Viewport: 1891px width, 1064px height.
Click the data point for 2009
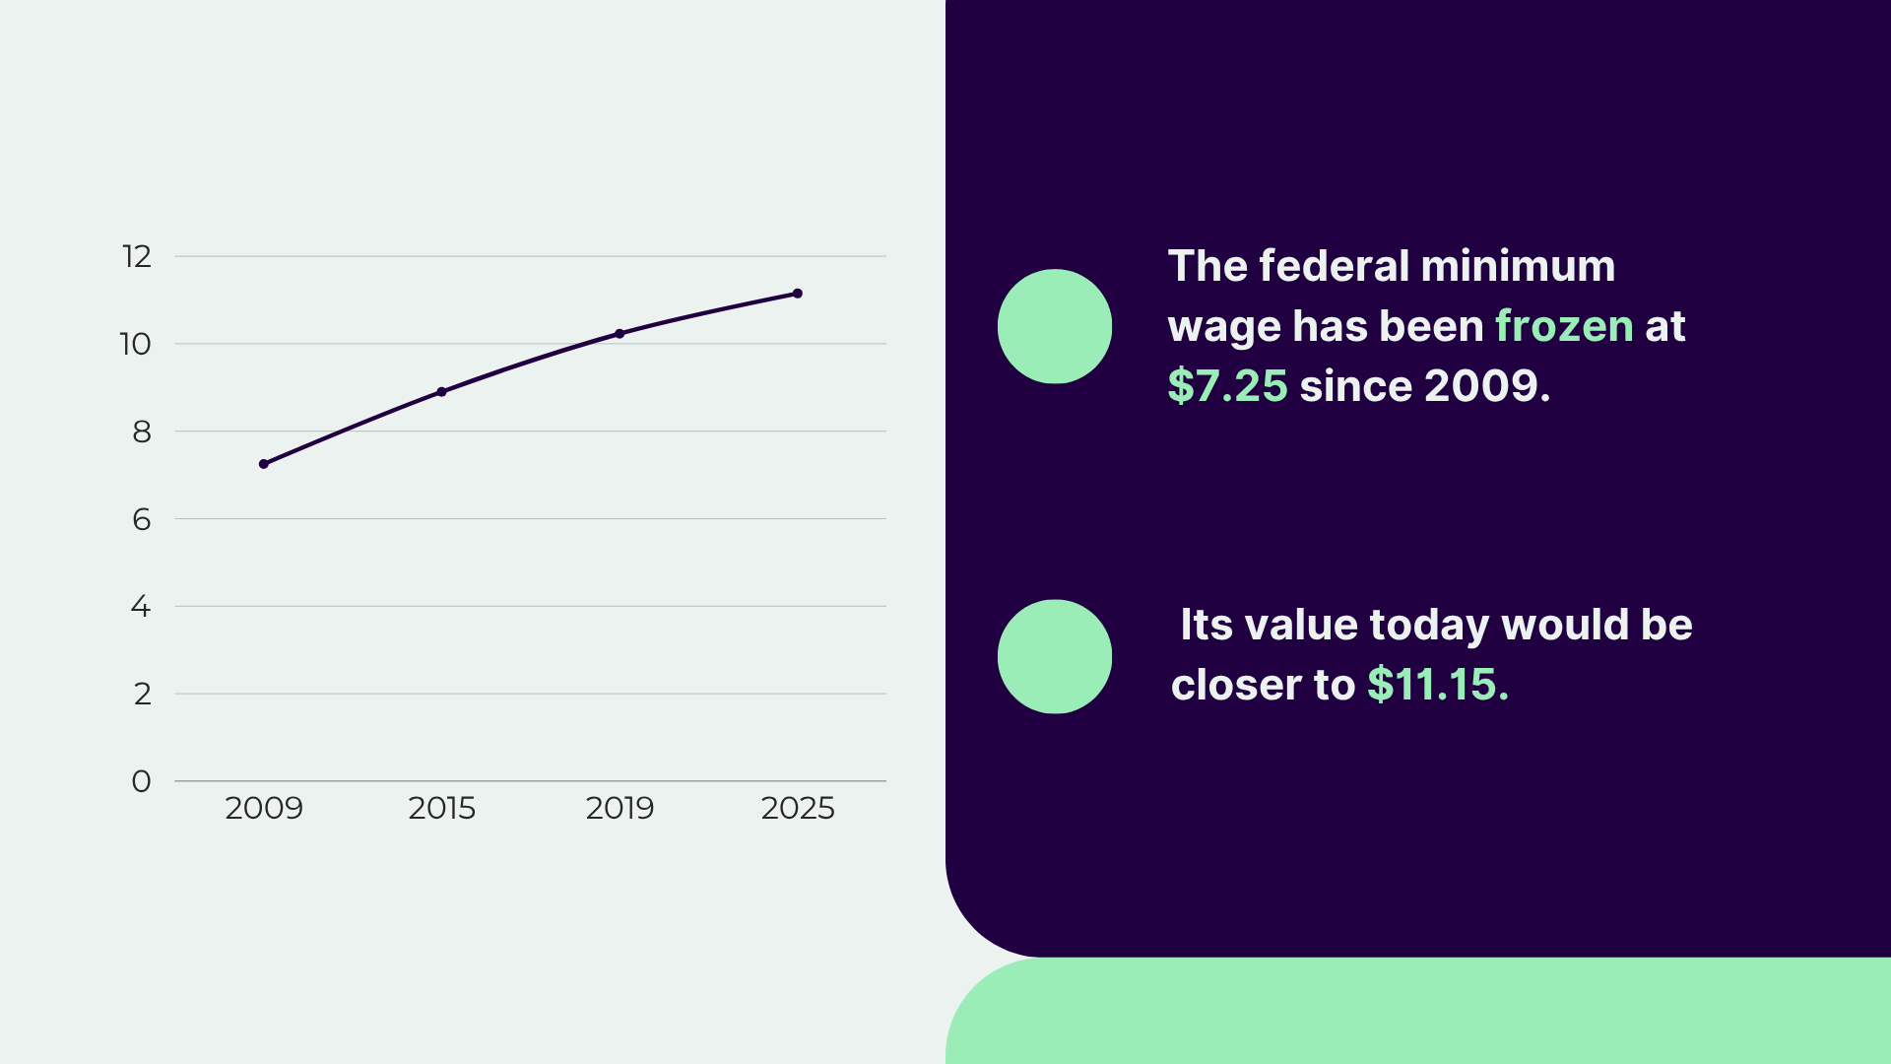pos(264,464)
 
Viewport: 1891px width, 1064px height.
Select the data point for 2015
pos(441,392)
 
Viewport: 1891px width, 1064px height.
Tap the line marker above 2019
pos(619,334)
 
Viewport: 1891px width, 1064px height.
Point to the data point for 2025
pos(798,294)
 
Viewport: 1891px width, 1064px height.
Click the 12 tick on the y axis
pos(137,256)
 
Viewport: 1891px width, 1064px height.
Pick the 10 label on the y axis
pos(136,344)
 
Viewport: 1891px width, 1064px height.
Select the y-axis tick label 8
pos(142,432)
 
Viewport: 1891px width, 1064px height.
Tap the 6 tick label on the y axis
pos(142,519)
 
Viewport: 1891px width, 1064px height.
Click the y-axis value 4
pos(141,606)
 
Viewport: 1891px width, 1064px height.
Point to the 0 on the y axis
pos(141,781)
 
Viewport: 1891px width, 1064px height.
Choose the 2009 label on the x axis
pos(264,808)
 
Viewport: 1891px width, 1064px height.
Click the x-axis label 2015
pos(441,808)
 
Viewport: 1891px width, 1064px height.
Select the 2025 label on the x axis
pos(798,808)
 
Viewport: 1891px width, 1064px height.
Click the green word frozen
pos(1564,326)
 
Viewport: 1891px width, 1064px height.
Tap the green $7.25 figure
pos(1227,386)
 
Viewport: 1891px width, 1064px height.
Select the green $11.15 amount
pos(1437,685)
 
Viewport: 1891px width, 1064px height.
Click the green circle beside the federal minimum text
pos(1055,326)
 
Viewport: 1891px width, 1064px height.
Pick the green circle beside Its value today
pos(1055,656)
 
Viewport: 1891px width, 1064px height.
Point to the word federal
pos(1334,266)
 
